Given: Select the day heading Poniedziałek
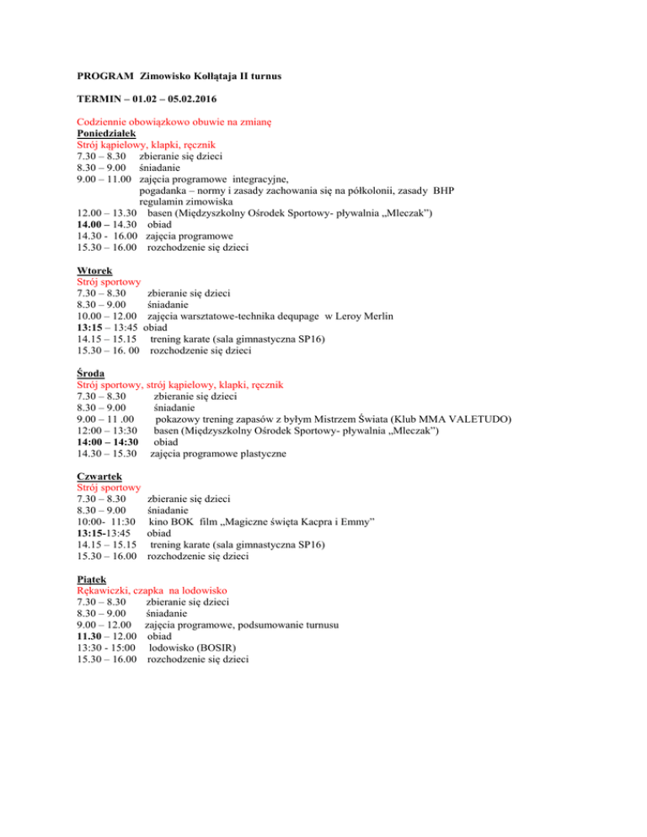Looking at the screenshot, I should (x=107, y=132).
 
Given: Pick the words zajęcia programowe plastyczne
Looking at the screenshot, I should (x=218, y=455).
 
